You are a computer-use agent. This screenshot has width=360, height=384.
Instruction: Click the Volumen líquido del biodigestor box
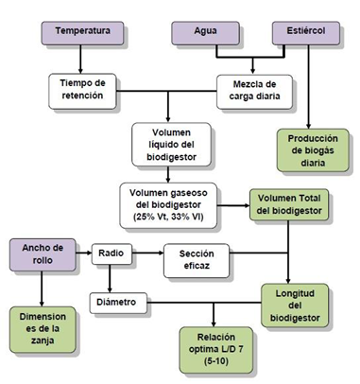(169, 144)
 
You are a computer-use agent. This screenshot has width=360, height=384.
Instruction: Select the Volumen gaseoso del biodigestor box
(168, 203)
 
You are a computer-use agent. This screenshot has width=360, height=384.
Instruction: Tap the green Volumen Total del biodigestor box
(287, 203)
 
